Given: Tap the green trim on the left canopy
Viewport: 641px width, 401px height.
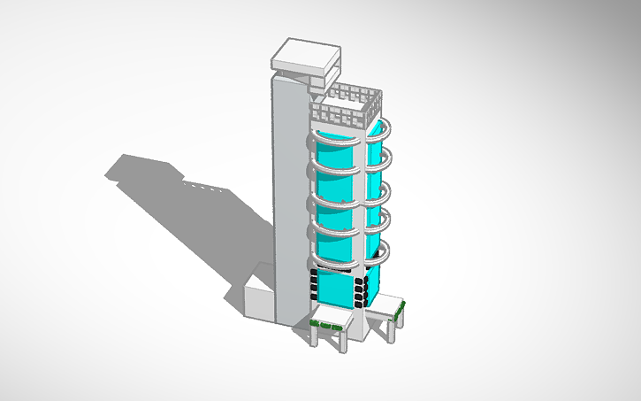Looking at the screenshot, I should (x=329, y=327).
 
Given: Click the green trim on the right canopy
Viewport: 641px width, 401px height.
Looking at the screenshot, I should (x=399, y=310).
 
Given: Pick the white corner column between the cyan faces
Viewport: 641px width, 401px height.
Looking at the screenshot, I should (x=361, y=204).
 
